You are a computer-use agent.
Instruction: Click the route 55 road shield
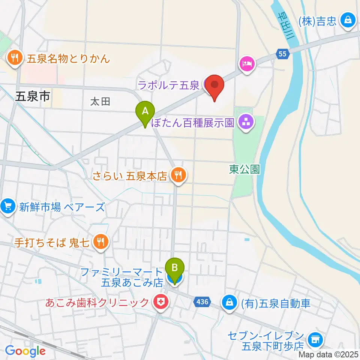click(283, 54)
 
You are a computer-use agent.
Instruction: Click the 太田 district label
click(100, 101)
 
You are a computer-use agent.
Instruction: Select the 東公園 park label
click(244, 169)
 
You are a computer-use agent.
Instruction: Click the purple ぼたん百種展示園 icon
click(246, 122)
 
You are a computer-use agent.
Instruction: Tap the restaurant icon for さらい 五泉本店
click(178, 175)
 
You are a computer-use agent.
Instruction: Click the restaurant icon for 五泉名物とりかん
click(15, 58)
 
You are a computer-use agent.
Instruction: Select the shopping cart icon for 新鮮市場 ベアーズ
click(7, 206)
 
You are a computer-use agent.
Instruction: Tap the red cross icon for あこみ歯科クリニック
click(162, 302)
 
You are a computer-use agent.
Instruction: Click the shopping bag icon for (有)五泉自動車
click(229, 302)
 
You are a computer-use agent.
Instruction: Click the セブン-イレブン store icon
click(314, 339)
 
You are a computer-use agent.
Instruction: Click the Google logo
click(25, 351)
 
